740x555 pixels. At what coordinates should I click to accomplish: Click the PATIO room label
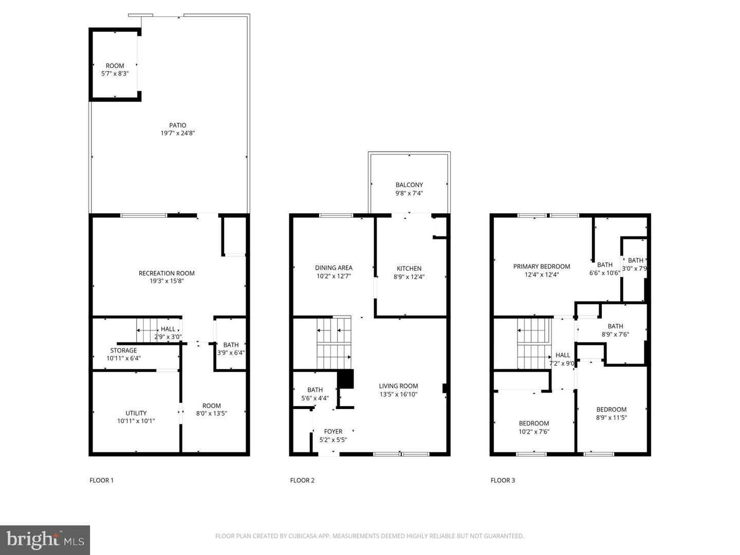point(177,125)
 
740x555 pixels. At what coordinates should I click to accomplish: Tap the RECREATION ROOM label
point(166,273)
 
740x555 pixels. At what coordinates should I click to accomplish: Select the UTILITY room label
point(136,413)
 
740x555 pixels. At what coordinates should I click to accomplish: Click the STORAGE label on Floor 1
point(123,350)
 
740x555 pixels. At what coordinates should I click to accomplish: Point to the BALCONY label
point(409,185)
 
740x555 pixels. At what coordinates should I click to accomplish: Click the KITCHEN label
point(409,269)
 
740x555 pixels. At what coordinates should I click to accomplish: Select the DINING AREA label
point(334,268)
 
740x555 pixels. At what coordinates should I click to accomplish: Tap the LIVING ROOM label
point(398,386)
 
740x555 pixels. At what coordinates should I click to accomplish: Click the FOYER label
point(333,432)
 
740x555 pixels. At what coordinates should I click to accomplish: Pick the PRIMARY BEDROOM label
point(542,267)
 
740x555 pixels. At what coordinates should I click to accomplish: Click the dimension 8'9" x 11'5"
point(612,418)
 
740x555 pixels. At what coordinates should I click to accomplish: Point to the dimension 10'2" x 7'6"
point(534,432)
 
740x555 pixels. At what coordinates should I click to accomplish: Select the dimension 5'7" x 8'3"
point(115,73)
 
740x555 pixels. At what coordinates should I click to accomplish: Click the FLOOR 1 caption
point(102,480)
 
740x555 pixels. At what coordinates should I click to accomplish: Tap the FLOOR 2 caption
point(302,480)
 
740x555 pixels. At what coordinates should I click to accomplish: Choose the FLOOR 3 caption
point(503,480)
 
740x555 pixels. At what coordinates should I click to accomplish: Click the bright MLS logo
point(45,540)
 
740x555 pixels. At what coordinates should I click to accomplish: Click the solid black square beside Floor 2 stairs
point(345,379)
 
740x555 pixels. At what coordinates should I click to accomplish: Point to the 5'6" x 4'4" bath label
point(314,394)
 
